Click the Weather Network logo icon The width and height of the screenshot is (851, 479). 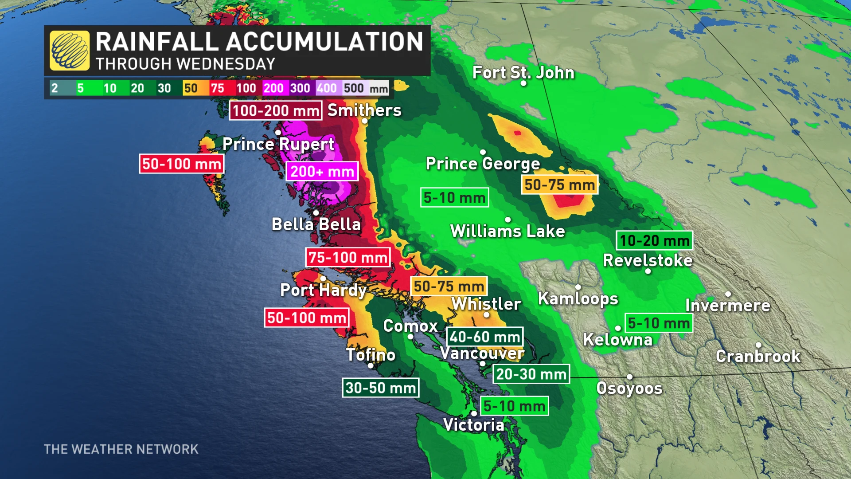70,51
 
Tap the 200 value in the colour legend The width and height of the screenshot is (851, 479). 273,88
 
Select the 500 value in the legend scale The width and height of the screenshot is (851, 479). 354,88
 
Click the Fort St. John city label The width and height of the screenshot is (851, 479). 523,72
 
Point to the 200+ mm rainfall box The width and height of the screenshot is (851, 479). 322,172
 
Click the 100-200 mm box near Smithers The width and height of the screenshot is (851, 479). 276,110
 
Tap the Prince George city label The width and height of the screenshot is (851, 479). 483,164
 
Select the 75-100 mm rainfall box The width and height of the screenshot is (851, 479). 348,257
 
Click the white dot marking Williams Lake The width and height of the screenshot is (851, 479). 508,220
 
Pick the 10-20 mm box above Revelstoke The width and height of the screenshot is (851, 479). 654,240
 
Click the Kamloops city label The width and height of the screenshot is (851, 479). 578,298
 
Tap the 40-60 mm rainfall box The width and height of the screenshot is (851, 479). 484,337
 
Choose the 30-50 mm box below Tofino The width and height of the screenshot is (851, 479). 380,388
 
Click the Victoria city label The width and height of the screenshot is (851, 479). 474,425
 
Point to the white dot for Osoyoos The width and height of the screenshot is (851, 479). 629,377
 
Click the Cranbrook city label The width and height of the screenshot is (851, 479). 758,356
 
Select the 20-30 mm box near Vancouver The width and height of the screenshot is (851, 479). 531,374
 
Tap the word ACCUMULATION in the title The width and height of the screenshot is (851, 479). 325,42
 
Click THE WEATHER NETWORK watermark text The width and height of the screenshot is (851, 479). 121,449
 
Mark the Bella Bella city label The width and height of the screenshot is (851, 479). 316,224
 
